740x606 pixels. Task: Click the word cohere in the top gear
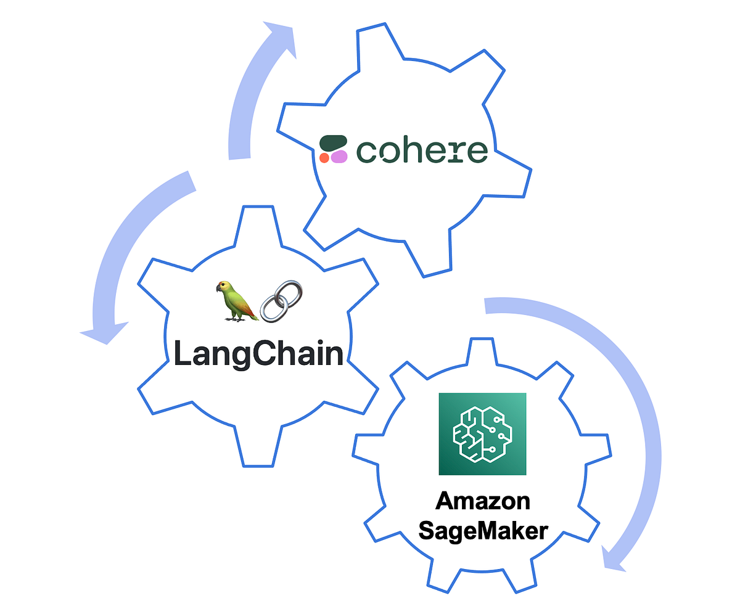click(x=422, y=151)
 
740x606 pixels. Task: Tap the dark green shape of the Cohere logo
click(x=333, y=142)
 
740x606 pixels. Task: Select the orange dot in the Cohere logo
click(x=324, y=158)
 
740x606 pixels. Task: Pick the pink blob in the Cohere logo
click(x=339, y=157)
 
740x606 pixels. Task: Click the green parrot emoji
click(x=235, y=300)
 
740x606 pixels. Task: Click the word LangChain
click(x=258, y=354)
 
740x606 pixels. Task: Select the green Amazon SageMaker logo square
click(x=482, y=434)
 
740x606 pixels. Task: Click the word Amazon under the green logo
click(x=483, y=501)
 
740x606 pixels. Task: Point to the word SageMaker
click(x=483, y=530)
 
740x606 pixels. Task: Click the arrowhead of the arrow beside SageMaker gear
click(x=614, y=560)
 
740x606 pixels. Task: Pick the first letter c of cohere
click(x=368, y=152)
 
